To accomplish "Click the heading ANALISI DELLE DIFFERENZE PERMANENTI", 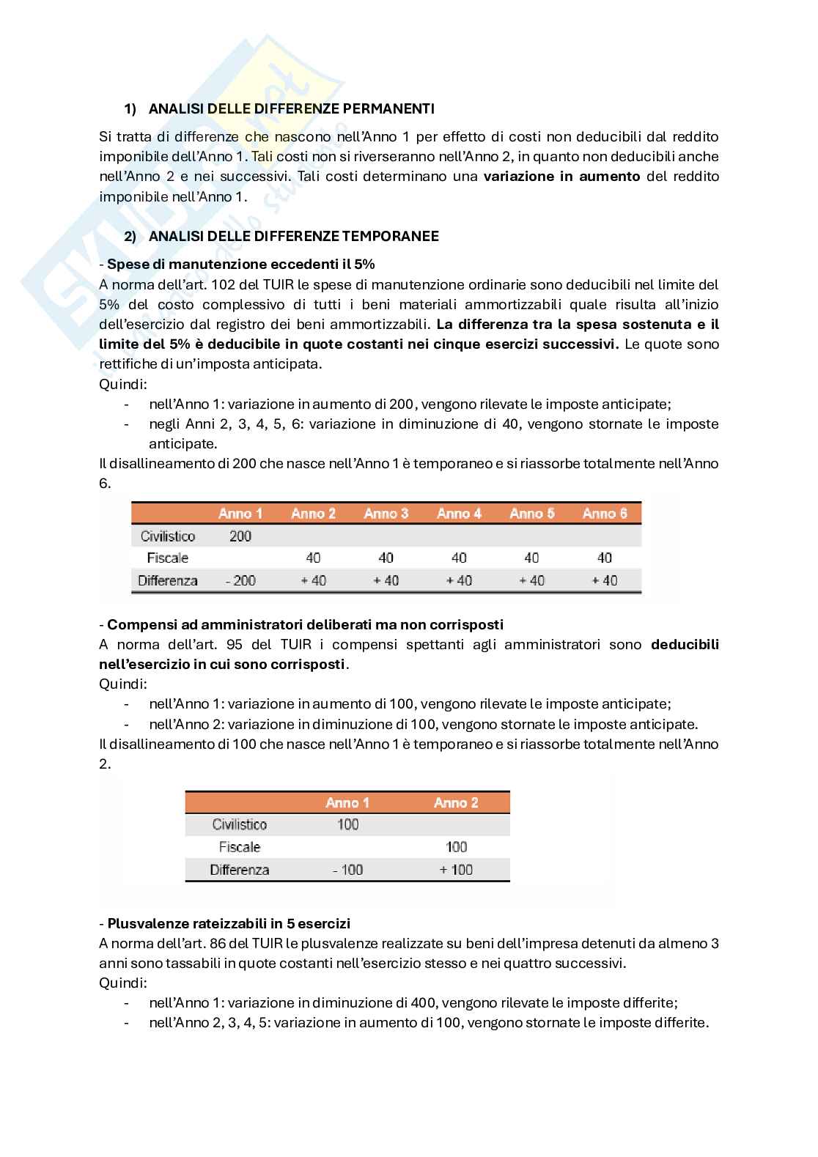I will [291, 108].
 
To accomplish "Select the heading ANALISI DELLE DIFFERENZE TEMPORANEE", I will [293, 236].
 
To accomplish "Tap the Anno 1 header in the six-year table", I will [240, 514].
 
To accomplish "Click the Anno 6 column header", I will [605, 514].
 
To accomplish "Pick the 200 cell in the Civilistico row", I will [240, 536].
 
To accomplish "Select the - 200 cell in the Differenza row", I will [240, 581].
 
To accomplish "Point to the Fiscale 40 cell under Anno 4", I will [459, 558].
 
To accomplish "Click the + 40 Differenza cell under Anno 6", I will [605, 581].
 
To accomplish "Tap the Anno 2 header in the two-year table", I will [455, 803].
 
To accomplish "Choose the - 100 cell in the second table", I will [347, 870].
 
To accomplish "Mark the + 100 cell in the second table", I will [455, 870].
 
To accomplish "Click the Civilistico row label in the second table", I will [239, 825].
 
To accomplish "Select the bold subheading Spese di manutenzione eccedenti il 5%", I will [241, 265].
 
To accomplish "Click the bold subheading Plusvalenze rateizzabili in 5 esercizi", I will [229, 923].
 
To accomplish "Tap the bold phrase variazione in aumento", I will [561, 177].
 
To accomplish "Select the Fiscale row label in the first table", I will [167, 558].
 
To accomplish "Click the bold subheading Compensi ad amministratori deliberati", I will [305, 625].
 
